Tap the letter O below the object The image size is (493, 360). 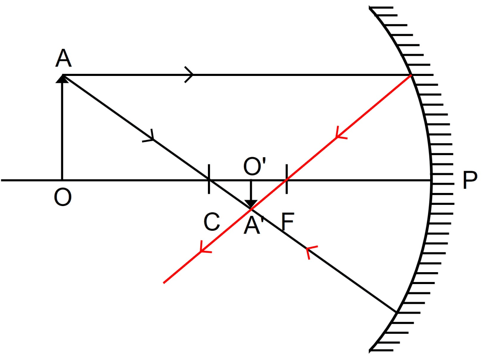pyautogui.click(x=62, y=198)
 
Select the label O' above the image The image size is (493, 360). pyautogui.click(x=255, y=167)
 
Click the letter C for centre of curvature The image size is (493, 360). pyautogui.click(x=212, y=222)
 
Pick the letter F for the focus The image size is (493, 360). pyautogui.click(x=288, y=222)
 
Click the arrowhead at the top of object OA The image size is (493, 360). pyautogui.click(x=62, y=78)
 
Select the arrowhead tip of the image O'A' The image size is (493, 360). pyautogui.click(x=251, y=206)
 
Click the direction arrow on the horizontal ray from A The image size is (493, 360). pyautogui.click(x=190, y=75)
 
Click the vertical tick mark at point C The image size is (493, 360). pyautogui.click(x=209, y=179)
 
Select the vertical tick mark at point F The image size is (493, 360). pyautogui.click(x=286, y=179)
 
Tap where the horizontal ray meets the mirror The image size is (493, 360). pyautogui.click(x=410, y=75)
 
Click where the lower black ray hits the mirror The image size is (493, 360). pyautogui.click(x=396, y=312)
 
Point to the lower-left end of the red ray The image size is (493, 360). pyautogui.click(x=164, y=282)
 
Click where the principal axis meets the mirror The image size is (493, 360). pyautogui.click(x=431, y=180)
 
